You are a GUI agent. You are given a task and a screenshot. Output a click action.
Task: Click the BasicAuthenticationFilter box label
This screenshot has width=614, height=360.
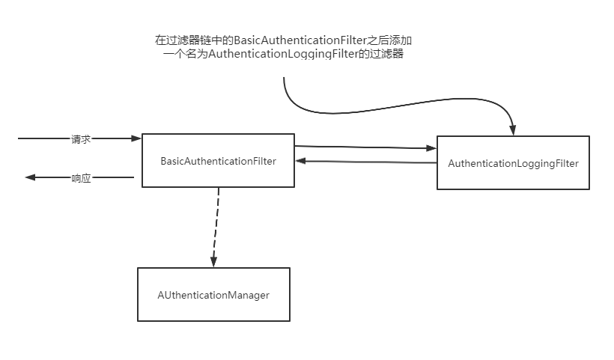(218, 161)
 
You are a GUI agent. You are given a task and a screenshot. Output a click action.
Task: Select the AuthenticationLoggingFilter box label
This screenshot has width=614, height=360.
(513, 163)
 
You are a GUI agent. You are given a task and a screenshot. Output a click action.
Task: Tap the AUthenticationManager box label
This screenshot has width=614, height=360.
(213, 295)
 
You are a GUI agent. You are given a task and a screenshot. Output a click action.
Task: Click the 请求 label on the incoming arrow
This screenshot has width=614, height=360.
(81, 138)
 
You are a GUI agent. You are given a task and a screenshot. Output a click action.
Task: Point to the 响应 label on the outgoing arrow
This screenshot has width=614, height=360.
(81, 178)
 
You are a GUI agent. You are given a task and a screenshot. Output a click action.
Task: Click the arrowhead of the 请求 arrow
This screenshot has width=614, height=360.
(136, 138)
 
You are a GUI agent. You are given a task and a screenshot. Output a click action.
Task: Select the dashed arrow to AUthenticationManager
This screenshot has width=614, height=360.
(216, 225)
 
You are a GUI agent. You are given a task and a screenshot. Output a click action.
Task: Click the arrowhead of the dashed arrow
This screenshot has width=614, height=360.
(213, 261)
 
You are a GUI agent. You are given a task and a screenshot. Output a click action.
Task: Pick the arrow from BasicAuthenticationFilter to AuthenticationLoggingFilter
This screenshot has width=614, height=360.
(363, 147)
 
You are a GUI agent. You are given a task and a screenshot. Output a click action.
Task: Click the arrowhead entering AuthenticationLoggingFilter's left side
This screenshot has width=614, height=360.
(431, 148)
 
